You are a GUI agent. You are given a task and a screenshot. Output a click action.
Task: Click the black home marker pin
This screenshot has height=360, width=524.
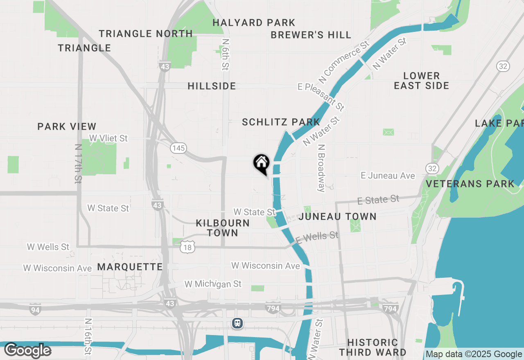261,164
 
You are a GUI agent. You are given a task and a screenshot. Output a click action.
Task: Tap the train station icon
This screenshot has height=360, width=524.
237,323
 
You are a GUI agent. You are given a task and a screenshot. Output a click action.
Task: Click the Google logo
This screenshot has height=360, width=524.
28,351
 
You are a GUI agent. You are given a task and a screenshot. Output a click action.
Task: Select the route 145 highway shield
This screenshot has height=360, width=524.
178,148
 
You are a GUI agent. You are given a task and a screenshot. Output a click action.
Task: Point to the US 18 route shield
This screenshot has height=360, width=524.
187,246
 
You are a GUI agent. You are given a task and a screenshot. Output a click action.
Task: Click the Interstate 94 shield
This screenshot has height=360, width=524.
35,310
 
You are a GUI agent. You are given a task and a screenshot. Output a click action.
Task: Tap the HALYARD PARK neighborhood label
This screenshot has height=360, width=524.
254,22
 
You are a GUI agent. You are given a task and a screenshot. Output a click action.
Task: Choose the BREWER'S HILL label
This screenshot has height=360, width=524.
311,35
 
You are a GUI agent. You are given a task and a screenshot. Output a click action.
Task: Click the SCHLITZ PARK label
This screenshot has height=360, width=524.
281,122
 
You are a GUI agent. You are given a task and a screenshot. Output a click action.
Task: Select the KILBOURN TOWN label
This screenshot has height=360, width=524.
223,228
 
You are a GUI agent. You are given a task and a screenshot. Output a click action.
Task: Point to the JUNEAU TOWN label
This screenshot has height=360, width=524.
337,216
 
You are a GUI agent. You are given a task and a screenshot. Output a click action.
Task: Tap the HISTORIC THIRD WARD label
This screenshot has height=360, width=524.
373,347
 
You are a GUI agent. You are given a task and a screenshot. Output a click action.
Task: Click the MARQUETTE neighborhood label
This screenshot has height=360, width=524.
130,267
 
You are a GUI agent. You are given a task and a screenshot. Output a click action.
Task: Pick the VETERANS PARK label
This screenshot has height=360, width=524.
470,184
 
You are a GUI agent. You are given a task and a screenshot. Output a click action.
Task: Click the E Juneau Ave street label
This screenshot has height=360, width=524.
388,175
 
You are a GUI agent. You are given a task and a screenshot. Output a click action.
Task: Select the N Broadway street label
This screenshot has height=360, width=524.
322,168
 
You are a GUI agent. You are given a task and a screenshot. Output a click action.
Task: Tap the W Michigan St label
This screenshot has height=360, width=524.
213,284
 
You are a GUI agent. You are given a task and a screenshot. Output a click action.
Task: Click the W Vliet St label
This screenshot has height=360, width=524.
108,139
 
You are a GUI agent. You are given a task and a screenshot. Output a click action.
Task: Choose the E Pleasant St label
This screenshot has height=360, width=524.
321,97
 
